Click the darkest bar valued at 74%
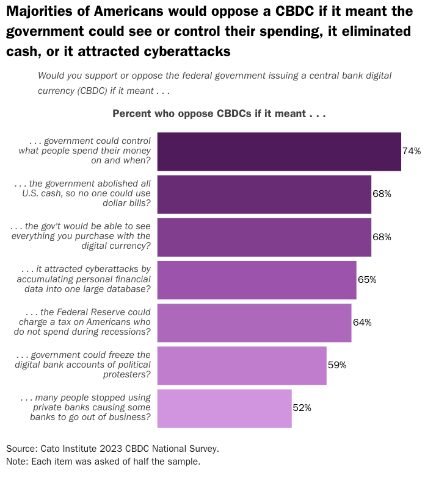tap(279, 151)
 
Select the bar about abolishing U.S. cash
tap(264, 194)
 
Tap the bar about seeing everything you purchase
tap(264, 237)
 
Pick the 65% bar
tap(256, 280)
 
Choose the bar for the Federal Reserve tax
tap(254, 323)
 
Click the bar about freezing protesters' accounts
tap(242, 365)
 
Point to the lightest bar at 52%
tap(224, 408)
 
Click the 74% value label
tap(412, 151)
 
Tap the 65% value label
tap(367, 280)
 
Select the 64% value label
tap(362, 323)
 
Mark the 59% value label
tap(337, 365)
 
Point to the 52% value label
tap(302, 408)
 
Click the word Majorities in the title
tap(38, 11)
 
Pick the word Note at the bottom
tap(16, 461)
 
